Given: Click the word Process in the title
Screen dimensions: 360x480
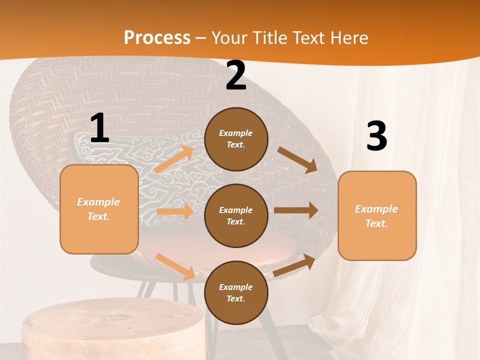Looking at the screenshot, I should (x=157, y=38).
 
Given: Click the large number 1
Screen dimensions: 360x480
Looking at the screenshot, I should (x=99, y=128).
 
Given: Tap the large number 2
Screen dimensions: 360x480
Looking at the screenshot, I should (x=236, y=76).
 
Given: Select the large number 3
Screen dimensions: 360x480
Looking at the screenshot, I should (x=376, y=136).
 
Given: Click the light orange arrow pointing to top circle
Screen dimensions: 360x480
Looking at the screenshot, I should (x=174, y=159).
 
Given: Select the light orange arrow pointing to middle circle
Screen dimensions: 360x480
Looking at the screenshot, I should (x=175, y=211).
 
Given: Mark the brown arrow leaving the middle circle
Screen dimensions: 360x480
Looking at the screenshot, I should (x=296, y=210).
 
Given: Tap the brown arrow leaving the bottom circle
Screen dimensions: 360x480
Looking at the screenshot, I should (x=294, y=265).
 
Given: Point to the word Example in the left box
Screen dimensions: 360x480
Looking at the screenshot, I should (x=98, y=202).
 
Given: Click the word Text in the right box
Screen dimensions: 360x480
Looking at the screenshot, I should (x=376, y=223).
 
